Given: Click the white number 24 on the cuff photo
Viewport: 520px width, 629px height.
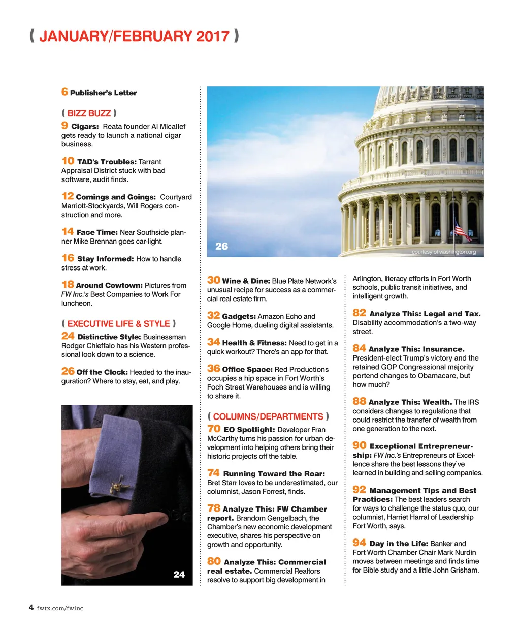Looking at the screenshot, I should (179, 575).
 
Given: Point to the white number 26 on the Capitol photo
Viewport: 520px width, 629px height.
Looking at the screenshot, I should (221, 247).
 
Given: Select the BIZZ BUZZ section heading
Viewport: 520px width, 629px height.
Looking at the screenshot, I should (89, 113).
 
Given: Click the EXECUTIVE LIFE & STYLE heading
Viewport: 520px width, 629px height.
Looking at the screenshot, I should (118, 324).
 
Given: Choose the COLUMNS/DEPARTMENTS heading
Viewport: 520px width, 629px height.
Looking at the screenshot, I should (268, 416).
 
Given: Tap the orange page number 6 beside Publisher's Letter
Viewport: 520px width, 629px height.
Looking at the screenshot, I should (64, 92).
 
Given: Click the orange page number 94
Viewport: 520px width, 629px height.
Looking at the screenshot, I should (359, 543).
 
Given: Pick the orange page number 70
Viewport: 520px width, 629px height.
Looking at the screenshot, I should (214, 429).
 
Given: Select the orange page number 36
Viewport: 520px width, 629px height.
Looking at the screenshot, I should (213, 369).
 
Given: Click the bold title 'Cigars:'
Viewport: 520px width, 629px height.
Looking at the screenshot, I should (85, 127).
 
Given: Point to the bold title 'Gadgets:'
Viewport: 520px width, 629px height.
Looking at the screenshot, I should (239, 316).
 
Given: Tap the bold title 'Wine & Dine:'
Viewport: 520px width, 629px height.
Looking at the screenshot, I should (246, 281).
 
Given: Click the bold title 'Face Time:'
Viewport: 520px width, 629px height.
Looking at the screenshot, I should (97, 232).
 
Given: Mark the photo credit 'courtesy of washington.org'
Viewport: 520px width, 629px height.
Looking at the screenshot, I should (444, 252).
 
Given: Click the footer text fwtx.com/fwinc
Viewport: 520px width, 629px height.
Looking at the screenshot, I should (60, 608).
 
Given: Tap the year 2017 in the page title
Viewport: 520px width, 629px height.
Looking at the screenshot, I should (213, 37).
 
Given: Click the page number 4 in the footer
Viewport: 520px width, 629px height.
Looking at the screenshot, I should (31, 608).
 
